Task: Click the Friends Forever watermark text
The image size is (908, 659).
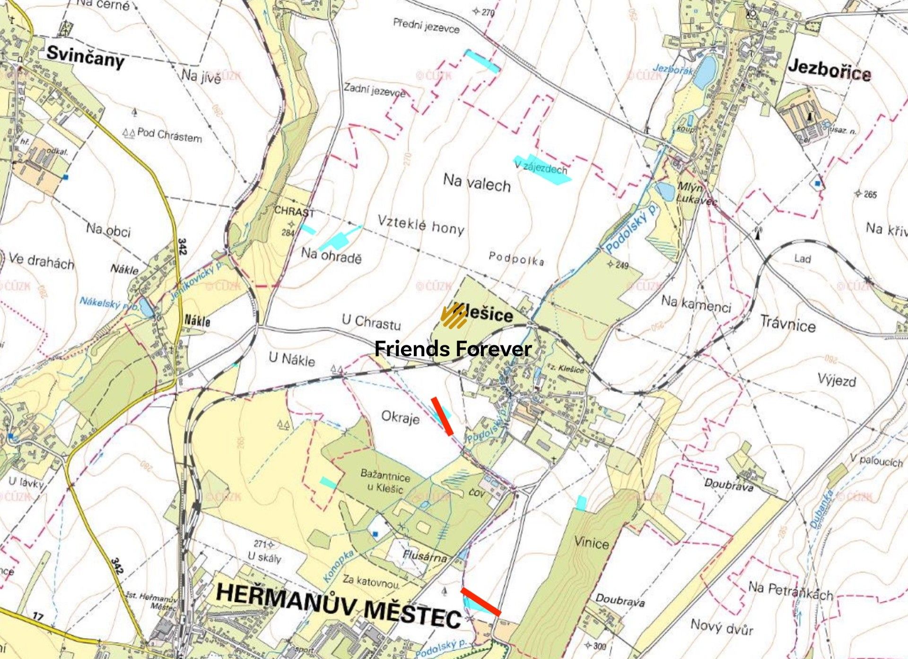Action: pos(453,349)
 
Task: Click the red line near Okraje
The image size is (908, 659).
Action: pos(442,416)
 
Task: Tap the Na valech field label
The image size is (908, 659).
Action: pos(477,183)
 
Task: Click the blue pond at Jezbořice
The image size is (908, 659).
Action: pos(705,72)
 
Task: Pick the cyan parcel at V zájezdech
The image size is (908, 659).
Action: pos(544,169)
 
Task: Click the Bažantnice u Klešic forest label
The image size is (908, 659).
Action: pos(385,480)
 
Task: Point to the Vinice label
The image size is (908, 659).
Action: pos(591,542)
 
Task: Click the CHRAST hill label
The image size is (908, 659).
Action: pos(294,211)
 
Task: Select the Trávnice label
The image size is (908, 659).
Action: pos(788,324)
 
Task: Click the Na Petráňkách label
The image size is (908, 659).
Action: pos(790,591)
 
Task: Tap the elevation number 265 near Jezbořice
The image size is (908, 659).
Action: pos(870,194)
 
